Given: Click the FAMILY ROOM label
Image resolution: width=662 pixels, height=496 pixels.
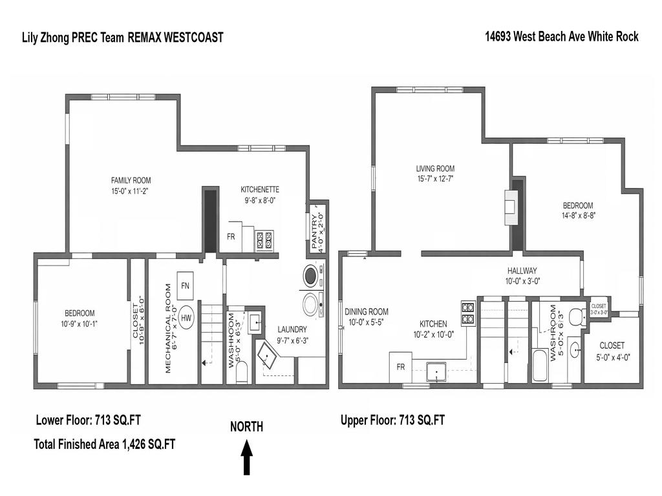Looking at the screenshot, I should pyautogui.click(x=131, y=181).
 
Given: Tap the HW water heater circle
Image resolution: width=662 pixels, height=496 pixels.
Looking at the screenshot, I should pyautogui.click(x=186, y=318).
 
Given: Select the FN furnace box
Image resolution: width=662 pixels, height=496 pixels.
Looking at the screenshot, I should pyautogui.click(x=186, y=285).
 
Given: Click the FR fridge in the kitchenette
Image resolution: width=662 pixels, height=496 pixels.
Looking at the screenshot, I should pyautogui.click(x=231, y=237).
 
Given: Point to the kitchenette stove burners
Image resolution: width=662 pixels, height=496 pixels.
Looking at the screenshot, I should pyautogui.click(x=264, y=240).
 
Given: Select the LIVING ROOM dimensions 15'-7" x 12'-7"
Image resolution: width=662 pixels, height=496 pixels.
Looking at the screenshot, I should pyautogui.click(x=434, y=179).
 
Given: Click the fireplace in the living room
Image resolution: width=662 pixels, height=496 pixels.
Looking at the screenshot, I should pyautogui.click(x=511, y=207).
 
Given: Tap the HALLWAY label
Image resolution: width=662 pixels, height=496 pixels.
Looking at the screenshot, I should pyautogui.click(x=522, y=271).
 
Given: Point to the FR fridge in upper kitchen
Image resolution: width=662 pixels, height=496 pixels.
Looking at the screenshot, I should pyautogui.click(x=400, y=367).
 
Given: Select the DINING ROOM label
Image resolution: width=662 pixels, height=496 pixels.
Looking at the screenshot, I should pyautogui.click(x=366, y=312).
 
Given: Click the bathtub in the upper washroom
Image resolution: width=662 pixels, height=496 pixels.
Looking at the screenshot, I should pyautogui.click(x=538, y=368).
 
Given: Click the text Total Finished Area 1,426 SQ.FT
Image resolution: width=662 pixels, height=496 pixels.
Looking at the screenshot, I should pyautogui.click(x=104, y=444).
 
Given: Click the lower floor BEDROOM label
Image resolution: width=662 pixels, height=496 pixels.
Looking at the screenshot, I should pyautogui.click(x=79, y=313).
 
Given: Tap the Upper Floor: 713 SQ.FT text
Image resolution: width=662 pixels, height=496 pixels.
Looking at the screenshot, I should pyautogui.click(x=392, y=420).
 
